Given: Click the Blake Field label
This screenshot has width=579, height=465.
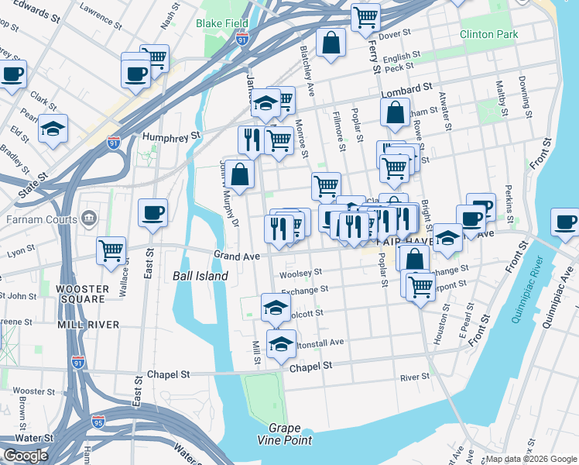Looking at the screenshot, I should [222, 23].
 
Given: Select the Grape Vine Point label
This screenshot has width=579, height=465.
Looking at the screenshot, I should [290, 434].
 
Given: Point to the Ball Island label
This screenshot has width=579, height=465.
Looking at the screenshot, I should [200, 276].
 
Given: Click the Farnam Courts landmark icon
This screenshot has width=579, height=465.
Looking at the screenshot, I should [90, 220].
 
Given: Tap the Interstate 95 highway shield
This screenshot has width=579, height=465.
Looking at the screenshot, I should [98, 422].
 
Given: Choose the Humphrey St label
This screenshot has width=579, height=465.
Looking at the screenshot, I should [171, 135].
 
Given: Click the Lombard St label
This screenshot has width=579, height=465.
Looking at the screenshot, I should [406, 93].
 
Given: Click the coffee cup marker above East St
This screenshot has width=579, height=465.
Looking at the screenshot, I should [152, 212].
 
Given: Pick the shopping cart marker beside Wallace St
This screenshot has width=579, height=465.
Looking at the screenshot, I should [111, 250].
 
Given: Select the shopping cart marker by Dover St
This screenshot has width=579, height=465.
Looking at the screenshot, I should [365, 18].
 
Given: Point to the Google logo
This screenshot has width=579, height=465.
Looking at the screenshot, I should [26, 456].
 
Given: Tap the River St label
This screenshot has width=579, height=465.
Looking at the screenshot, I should [414, 377].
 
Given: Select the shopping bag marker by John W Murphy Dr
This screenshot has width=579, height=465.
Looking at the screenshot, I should [241, 175].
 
